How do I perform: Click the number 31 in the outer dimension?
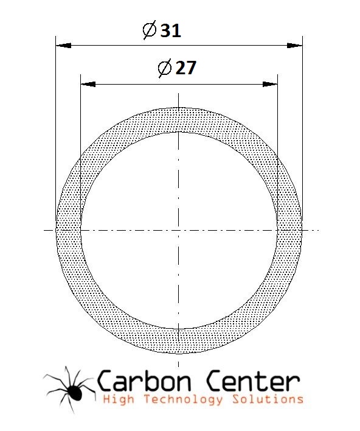pos(170,30)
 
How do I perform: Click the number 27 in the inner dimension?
pos(186,68)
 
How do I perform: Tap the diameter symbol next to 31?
pos(150,30)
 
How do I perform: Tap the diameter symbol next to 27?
pos(165,68)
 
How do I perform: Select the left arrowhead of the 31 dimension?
pos(63,46)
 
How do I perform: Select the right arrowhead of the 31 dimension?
pos(295,46)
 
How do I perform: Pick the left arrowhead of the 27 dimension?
pos(88,84)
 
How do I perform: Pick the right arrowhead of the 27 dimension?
pos(270,84)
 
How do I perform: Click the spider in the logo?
pos(70,389)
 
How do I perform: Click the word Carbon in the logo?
pos(144,380)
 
